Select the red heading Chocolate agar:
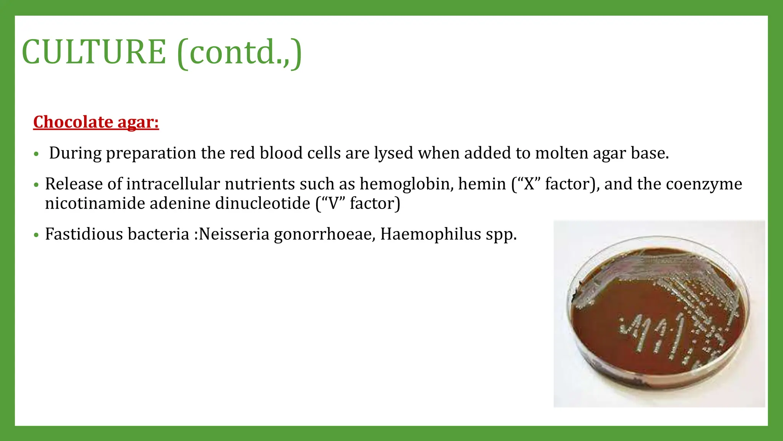pyautogui.click(x=96, y=122)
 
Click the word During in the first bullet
pyautogui.click(x=75, y=153)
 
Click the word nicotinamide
pyautogui.click(x=95, y=203)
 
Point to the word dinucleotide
pyautogui.click(x=263, y=203)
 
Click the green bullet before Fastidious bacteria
pyautogui.click(x=36, y=235)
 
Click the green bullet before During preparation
pyautogui.click(x=36, y=154)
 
